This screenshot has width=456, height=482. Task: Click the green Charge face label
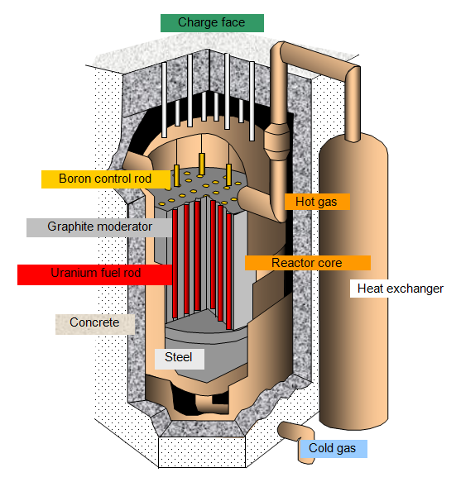[212, 23]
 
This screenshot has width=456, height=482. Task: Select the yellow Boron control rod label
[106, 179]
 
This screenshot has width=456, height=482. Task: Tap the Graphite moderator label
[99, 227]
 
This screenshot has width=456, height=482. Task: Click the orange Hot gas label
[317, 202]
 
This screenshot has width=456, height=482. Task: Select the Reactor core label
[307, 263]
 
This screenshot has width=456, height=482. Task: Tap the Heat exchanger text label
[400, 289]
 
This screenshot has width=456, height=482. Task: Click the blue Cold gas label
[334, 448]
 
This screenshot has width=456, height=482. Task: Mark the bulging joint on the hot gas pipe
[277, 141]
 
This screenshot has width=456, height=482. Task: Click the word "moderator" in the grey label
[125, 227]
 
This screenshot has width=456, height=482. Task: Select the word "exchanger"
[415, 289]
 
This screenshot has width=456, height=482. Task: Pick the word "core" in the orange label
[330, 263]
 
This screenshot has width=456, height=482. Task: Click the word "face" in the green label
[233, 22]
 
